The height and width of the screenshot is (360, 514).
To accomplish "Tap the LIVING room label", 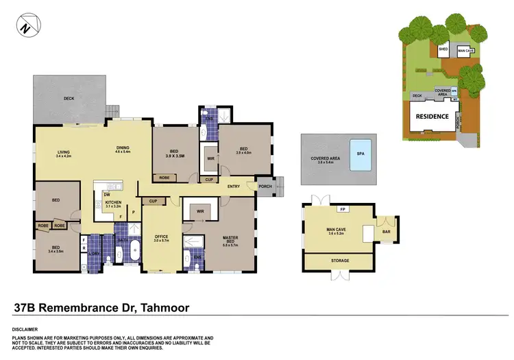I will pyautogui.click(x=63, y=152).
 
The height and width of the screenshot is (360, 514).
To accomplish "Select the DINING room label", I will pyautogui.click(x=123, y=147).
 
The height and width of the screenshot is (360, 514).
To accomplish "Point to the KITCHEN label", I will pyautogui.click(x=114, y=203).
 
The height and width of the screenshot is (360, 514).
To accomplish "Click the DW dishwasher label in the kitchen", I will pyautogui.click(x=107, y=194).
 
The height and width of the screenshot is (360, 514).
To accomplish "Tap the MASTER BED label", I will pyautogui.click(x=230, y=239).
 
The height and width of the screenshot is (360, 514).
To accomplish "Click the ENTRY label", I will pyautogui.click(x=234, y=186).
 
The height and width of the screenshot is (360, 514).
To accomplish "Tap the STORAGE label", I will pyautogui.click(x=340, y=261).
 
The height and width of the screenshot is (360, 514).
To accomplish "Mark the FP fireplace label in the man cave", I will pyautogui.click(x=342, y=208).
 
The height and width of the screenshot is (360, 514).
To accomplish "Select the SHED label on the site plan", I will pyautogui.click(x=444, y=49).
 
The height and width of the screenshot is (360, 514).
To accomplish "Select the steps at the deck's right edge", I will pyautogui.click(x=113, y=110).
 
